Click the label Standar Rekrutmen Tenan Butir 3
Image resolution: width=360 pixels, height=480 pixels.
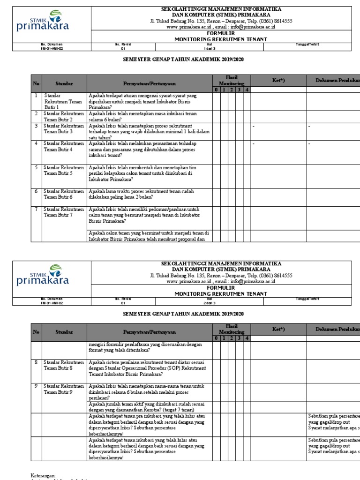click(64, 129)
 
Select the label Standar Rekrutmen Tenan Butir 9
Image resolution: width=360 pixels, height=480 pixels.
click(64, 389)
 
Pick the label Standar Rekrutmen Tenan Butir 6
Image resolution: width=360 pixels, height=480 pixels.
click(64, 194)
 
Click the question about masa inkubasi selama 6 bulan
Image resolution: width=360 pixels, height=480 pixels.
click(142, 116)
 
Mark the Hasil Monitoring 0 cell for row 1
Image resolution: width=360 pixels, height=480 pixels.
click(216, 101)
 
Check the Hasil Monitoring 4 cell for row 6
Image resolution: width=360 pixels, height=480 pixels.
click(247, 194)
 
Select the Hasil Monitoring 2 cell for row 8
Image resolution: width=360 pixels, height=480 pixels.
click(232, 368)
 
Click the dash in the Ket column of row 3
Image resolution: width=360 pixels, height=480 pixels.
click(254, 127)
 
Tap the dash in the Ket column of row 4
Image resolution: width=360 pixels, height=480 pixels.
click(254, 143)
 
